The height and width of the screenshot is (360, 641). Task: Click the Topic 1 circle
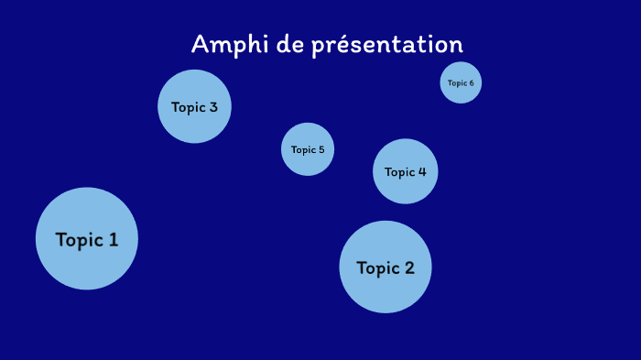click(87, 239)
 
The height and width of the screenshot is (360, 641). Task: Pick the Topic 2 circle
click(386, 267)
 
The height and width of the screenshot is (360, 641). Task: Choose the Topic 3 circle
click(194, 107)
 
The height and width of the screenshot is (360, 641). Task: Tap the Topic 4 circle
click(406, 171)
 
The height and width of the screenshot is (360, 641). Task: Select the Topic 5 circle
click(308, 149)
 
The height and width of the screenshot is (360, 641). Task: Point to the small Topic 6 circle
click(461, 82)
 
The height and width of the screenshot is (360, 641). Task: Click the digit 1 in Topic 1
click(113, 240)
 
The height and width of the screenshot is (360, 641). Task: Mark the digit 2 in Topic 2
click(408, 268)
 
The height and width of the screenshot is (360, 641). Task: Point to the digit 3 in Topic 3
click(213, 107)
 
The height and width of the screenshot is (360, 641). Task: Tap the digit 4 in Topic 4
click(422, 171)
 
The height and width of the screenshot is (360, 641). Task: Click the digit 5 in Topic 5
click(320, 149)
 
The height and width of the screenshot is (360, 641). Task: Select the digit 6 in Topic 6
click(472, 83)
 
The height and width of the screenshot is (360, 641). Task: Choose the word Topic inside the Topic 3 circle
click(189, 107)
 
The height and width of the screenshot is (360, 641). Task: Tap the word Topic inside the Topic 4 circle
click(400, 171)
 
